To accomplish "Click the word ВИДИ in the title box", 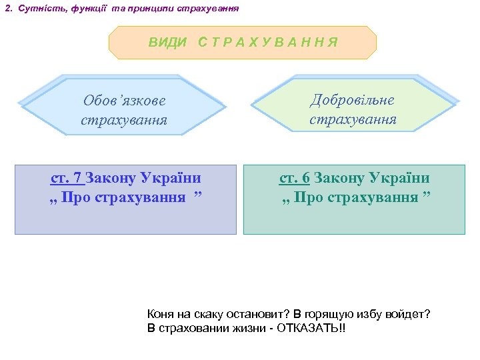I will coord(168,42).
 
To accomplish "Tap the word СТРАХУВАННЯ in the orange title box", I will coord(267,42).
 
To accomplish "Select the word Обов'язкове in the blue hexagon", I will coord(125,101).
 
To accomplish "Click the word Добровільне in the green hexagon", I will coord(353,100).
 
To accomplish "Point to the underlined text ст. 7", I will coord(66,178).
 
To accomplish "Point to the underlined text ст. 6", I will coord(294,178).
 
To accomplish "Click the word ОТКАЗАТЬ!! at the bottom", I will coord(313,329).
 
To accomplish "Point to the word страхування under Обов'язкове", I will coord(124,121).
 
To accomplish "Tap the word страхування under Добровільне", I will coord(353,120).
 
